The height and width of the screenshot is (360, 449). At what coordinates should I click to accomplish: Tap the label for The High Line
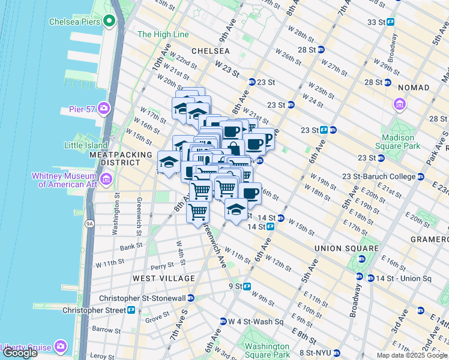pyautogui.click(x=163, y=34)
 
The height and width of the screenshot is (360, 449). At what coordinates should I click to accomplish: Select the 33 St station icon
pyautogui.click(x=390, y=22)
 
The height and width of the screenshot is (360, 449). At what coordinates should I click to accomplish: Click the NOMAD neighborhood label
pyautogui.click(x=413, y=88)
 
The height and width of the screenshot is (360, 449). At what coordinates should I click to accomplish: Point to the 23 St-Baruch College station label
pyautogui.click(x=379, y=176)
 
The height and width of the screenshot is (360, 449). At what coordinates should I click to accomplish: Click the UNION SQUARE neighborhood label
pyautogui.click(x=347, y=248)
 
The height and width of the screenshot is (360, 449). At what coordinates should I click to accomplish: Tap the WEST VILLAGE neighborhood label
pyautogui.click(x=164, y=278)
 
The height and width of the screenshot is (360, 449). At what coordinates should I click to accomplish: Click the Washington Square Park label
pyautogui.click(x=266, y=351)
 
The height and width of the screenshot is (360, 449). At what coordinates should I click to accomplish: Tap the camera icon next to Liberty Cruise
pyautogui.click(x=61, y=346)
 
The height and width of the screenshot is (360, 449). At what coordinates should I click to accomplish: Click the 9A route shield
pyautogui.click(x=89, y=224)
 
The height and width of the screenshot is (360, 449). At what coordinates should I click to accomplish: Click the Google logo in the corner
pyautogui.click(x=20, y=353)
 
